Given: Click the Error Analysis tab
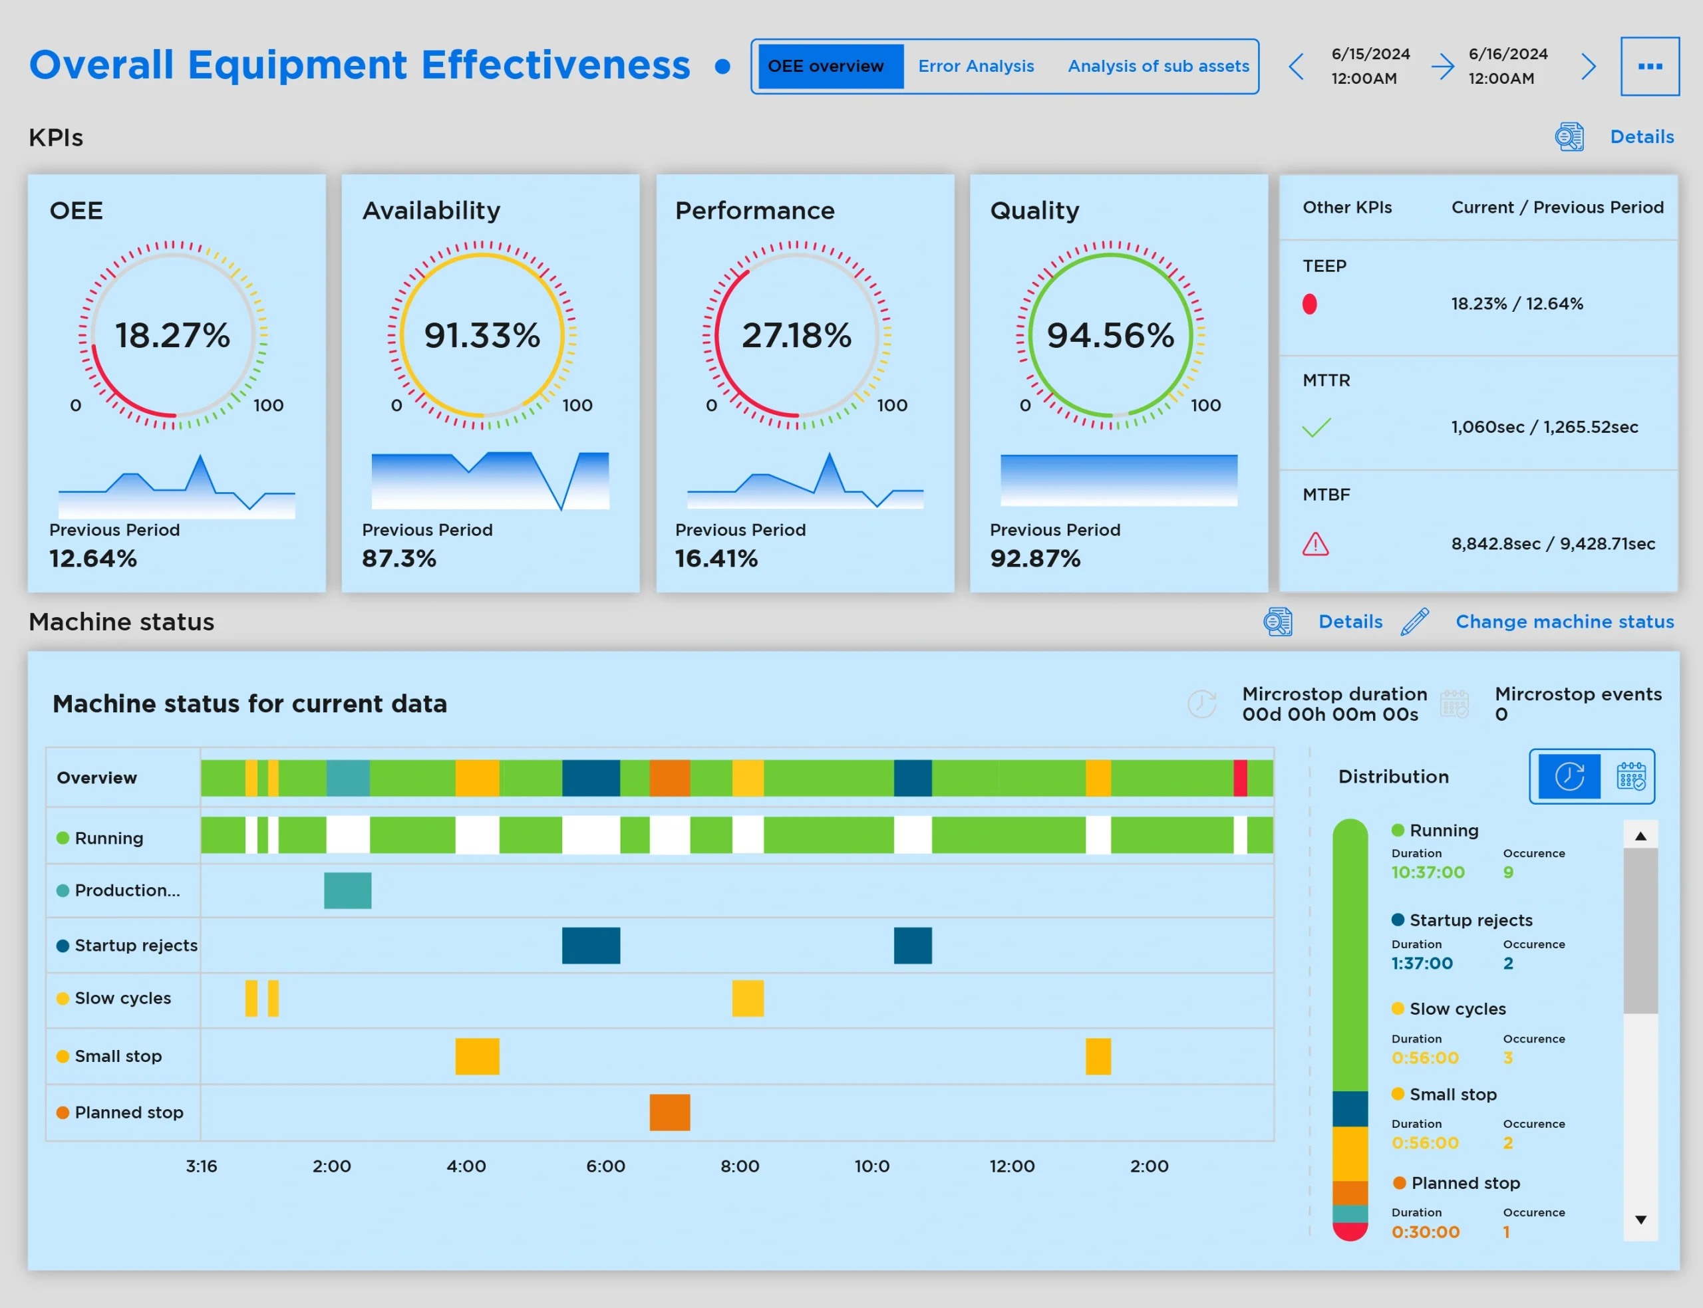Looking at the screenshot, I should (x=975, y=66).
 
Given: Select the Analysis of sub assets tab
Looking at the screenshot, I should (x=1158, y=66).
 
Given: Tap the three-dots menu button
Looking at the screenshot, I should (x=1649, y=66).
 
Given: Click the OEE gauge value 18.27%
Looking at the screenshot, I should (x=173, y=336).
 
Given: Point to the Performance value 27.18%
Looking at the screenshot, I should (x=796, y=336).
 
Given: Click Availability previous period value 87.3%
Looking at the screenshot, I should (x=398, y=558).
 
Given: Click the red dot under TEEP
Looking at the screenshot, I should (x=1309, y=304).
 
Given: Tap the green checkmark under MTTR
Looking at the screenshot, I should (x=1316, y=428).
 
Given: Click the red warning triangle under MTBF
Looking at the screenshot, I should (x=1315, y=543).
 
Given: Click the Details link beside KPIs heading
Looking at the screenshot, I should (x=1642, y=137).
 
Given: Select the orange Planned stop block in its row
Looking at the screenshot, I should (x=670, y=1112).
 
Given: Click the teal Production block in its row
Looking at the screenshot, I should (x=347, y=890).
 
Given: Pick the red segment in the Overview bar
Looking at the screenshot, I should (x=1240, y=778).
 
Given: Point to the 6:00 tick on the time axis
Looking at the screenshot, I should (x=605, y=1166).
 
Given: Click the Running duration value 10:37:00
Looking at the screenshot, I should (x=1428, y=872).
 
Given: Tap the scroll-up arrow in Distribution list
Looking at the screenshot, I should (x=1640, y=836).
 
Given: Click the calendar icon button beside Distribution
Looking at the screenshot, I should (x=1630, y=776).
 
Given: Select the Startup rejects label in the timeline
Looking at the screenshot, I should (x=136, y=945).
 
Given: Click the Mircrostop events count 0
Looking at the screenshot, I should (x=1501, y=714).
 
